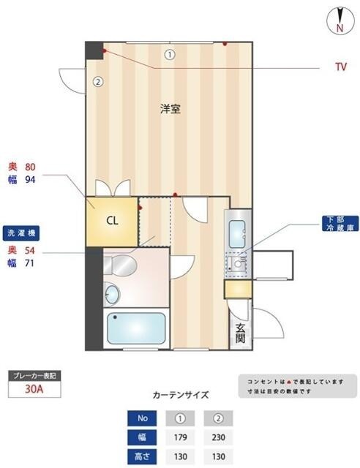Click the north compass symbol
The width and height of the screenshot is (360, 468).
(x=339, y=20)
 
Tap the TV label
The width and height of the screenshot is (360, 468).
(x=340, y=67)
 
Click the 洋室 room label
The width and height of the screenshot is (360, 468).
(x=170, y=109)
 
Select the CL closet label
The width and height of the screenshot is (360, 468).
(x=112, y=220)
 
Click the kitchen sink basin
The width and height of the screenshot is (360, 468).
(x=238, y=235)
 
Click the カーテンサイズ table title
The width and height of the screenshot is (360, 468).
(x=180, y=395)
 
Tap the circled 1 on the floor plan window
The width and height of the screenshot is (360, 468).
(x=170, y=53)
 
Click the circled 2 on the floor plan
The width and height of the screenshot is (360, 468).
(x=97, y=81)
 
